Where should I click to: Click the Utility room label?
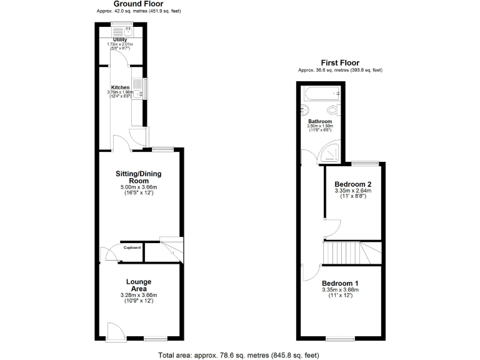pos(120,39)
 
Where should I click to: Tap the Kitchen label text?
pos(120,87)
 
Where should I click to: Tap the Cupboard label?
pos(131,248)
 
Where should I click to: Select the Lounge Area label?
pos(138,285)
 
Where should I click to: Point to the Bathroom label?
pos(320,121)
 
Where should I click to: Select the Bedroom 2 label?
pos(353,184)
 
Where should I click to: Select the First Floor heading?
pos(340,62)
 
